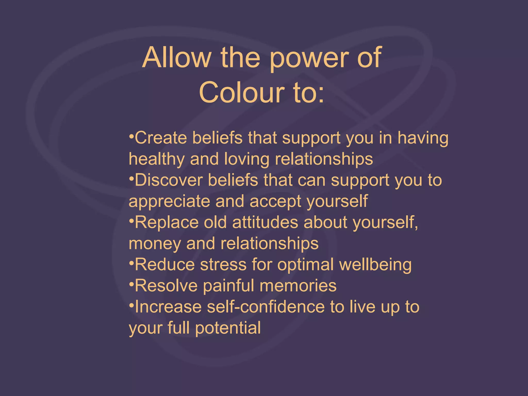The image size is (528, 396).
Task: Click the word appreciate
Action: tap(169, 202)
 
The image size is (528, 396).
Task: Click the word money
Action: tap(155, 244)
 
